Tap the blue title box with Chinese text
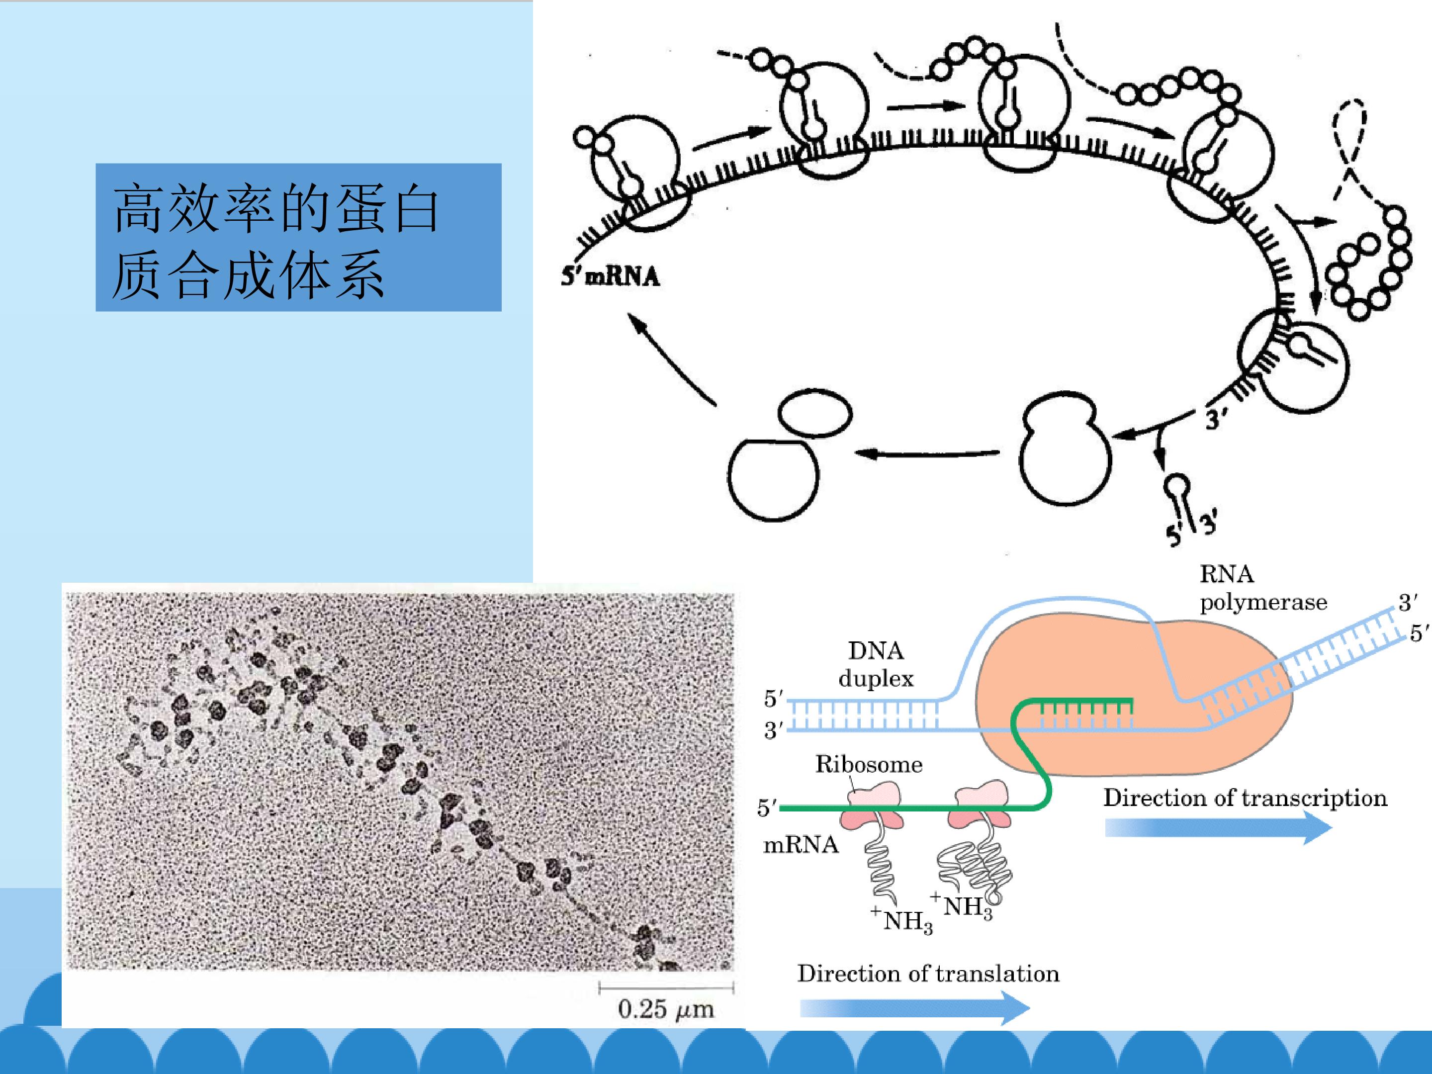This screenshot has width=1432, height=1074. click(298, 237)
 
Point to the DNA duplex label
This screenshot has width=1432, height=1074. click(876, 664)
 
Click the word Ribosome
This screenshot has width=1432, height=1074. click(869, 765)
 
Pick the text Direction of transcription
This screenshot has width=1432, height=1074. click(1245, 798)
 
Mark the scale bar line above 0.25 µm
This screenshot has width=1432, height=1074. click(666, 988)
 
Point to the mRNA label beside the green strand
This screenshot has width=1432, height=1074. click(801, 845)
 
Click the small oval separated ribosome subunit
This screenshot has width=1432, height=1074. click(814, 414)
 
